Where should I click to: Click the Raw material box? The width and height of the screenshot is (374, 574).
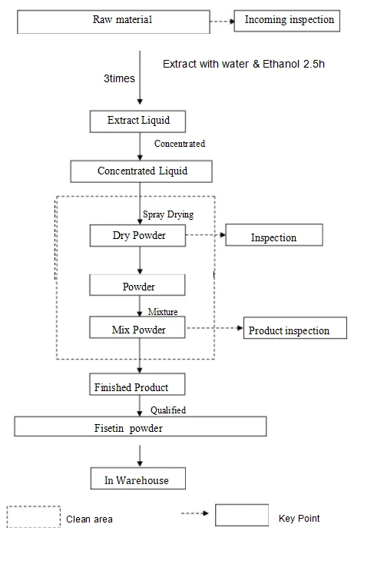pyautogui.click(x=114, y=22)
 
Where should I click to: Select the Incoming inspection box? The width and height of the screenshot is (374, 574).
pyautogui.click(x=287, y=21)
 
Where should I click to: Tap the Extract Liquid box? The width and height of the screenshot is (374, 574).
pyautogui.click(x=137, y=121)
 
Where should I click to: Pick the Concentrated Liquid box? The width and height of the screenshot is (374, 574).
pyautogui.click(x=141, y=171)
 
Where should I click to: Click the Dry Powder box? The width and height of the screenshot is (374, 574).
pyautogui.click(x=137, y=235)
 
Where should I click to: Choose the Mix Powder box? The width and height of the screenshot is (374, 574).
pyautogui.click(x=137, y=327)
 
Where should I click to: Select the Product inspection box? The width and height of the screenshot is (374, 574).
pyautogui.click(x=295, y=328)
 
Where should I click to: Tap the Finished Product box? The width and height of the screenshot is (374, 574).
pyautogui.click(x=137, y=384)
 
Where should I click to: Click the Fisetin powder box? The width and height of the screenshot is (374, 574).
pyautogui.click(x=141, y=426)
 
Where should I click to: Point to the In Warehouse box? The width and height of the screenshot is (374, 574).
pyautogui.click(x=138, y=478)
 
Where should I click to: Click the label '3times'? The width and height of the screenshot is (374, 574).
pyautogui.click(x=119, y=78)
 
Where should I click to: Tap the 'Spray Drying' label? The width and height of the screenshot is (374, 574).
pyautogui.click(x=168, y=214)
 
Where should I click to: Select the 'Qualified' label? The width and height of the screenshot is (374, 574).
pyautogui.click(x=168, y=410)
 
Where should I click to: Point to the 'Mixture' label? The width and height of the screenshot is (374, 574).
pyautogui.click(x=163, y=311)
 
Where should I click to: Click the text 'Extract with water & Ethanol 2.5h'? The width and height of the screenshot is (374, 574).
pyautogui.click(x=243, y=64)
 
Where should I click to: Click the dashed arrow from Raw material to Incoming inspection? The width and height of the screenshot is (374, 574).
pyautogui.click(x=222, y=22)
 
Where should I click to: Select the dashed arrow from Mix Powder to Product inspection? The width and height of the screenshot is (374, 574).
pyautogui.click(x=214, y=327)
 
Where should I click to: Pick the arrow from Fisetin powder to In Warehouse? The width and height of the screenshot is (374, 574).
pyautogui.click(x=140, y=456)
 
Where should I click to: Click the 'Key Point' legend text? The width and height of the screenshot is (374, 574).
pyautogui.click(x=299, y=519)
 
